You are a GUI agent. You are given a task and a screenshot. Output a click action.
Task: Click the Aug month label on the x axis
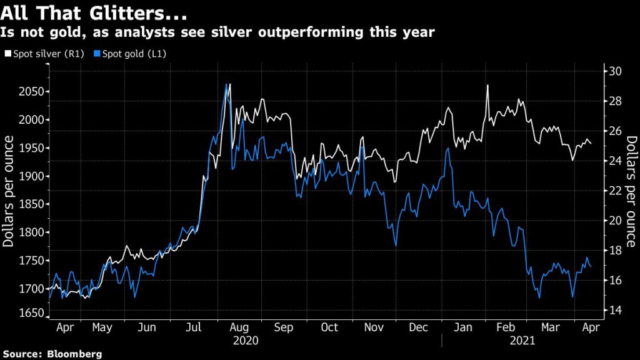pos(238,327)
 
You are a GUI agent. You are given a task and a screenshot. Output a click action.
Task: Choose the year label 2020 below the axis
pos(246,341)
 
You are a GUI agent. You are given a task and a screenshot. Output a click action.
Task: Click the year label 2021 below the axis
pos(522,341)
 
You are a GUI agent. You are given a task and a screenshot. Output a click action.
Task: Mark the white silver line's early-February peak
pos(486,86)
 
